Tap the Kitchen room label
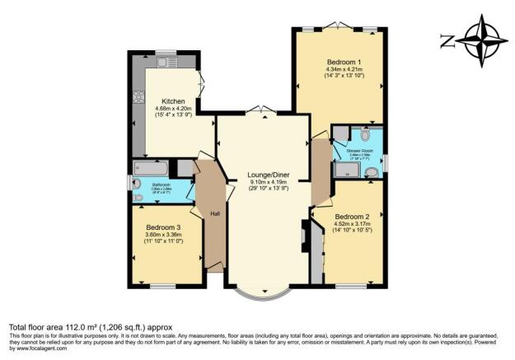click(x=172, y=101)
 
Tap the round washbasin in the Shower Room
click(x=372, y=172)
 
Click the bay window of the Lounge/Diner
click(x=260, y=291)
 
